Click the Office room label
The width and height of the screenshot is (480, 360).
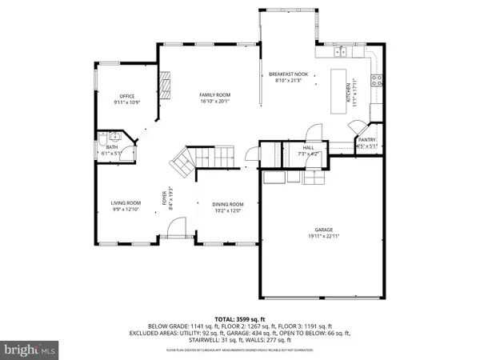point(126,96)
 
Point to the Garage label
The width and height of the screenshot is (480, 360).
point(324,230)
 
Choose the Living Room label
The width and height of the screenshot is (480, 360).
point(126,203)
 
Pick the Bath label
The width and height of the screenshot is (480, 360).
point(111,146)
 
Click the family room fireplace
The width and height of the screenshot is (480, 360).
point(167,82)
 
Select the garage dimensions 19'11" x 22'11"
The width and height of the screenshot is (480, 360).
point(324,237)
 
